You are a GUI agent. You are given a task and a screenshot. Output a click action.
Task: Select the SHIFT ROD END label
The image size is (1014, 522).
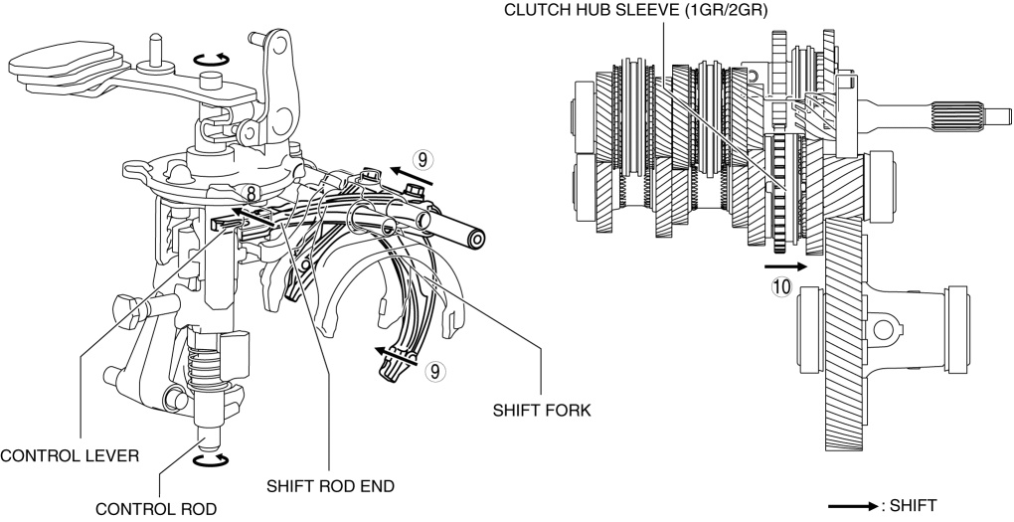coord(331,486)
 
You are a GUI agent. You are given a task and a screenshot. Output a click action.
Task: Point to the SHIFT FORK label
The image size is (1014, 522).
coord(543,409)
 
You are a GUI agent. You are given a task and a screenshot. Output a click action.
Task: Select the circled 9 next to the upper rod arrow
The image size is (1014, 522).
coord(422,158)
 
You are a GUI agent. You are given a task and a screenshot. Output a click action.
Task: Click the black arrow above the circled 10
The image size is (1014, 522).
coord(784,266)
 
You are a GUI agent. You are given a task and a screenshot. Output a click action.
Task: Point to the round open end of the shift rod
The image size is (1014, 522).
coord(478,240)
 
